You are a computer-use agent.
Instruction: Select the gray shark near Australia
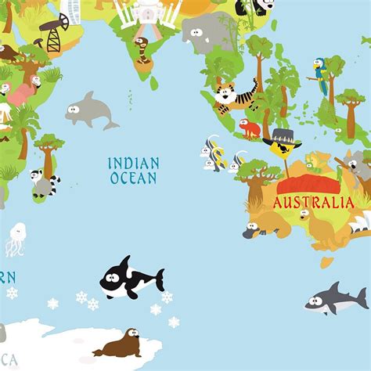tap(335, 298)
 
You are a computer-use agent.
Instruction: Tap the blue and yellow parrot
tap(320, 75)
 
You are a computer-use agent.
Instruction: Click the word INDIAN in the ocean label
tap(134, 164)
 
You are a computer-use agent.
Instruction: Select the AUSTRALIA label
tap(313, 202)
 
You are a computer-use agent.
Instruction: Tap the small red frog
tap(250, 128)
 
